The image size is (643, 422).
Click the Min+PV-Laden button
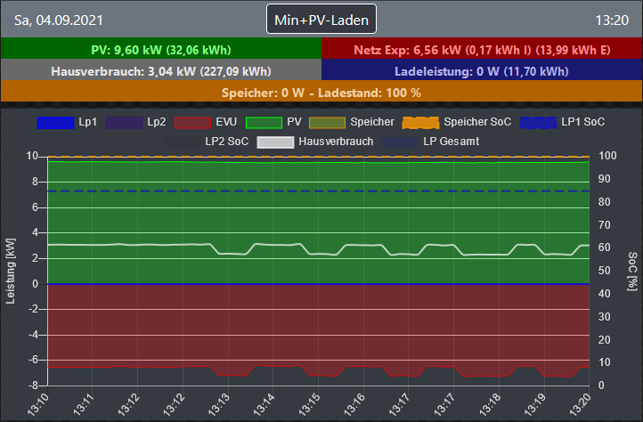[x=321, y=19]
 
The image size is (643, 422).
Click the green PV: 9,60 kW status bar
[x=161, y=49]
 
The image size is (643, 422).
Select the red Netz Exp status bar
[x=482, y=49]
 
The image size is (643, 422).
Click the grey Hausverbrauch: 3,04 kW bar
[x=161, y=70]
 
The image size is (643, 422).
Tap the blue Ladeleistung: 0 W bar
[x=482, y=70]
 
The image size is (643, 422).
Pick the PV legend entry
[x=275, y=121]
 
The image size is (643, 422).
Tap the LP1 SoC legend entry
[x=563, y=121]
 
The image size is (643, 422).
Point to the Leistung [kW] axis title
[x=11, y=271]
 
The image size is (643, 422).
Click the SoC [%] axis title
[x=631, y=271]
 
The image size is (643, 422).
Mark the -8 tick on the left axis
[x=33, y=385]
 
